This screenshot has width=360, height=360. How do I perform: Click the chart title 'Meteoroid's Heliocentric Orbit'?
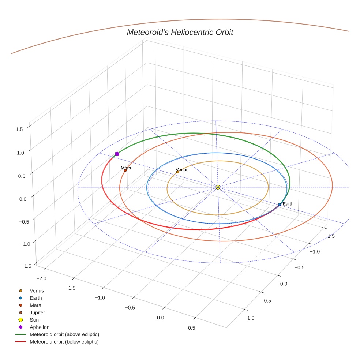tap(180, 33)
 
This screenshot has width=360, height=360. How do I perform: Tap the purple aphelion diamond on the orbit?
tap(117, 154)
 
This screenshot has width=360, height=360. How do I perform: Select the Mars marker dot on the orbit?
tap(125, 170)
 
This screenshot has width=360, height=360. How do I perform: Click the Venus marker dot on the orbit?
tap(178, 172)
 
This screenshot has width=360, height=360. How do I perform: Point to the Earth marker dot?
tap(280, 205)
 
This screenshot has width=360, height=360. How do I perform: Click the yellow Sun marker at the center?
tap(218, 187)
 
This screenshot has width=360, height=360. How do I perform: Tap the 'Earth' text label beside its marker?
tap(288, 204)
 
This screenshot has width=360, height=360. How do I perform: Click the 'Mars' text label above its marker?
tap(126, 168)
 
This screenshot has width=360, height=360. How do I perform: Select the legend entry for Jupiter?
tap(37, 313)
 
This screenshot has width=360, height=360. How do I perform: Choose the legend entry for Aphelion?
tap(40, 327)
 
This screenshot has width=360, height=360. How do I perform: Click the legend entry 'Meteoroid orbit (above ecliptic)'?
tap(64, 335)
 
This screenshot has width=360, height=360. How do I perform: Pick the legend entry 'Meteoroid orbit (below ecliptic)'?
tap(64, 342)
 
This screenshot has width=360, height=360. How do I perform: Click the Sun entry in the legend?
tap(34, 320)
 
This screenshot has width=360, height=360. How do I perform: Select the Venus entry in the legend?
tap(37, 291)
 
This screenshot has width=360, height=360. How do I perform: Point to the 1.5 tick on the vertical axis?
tap(19, 129)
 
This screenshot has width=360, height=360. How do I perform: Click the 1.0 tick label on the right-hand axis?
tap(251, 318)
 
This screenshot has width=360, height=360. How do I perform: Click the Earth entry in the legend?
tap(36, 298)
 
